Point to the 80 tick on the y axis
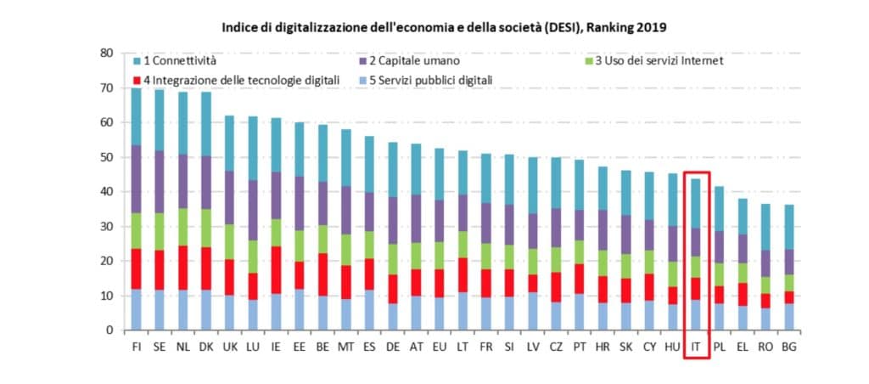106,53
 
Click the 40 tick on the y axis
106,192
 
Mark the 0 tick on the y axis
109,330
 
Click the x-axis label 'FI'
137,347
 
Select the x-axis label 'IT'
696,347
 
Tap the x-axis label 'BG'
788,347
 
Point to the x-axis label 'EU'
440,347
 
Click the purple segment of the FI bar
137,178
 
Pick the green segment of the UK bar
229,242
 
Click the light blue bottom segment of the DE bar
392,317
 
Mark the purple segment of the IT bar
696,241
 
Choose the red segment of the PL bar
719,295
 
